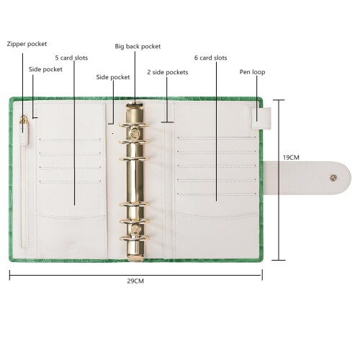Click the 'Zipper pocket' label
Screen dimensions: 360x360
click(27, 44)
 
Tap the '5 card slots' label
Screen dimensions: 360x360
click(71, 58)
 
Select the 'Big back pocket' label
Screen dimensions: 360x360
click(138, 46)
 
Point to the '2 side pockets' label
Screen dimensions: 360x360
click(168, 72)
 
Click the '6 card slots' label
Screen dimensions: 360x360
click(211, 58)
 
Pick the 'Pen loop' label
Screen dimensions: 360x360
click(252, 72)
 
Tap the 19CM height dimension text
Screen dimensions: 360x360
click(291, 158)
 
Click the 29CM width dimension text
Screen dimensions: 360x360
click(135, 281)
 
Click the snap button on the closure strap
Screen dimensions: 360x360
click(333, 178)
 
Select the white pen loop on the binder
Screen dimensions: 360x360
click(261, 118)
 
